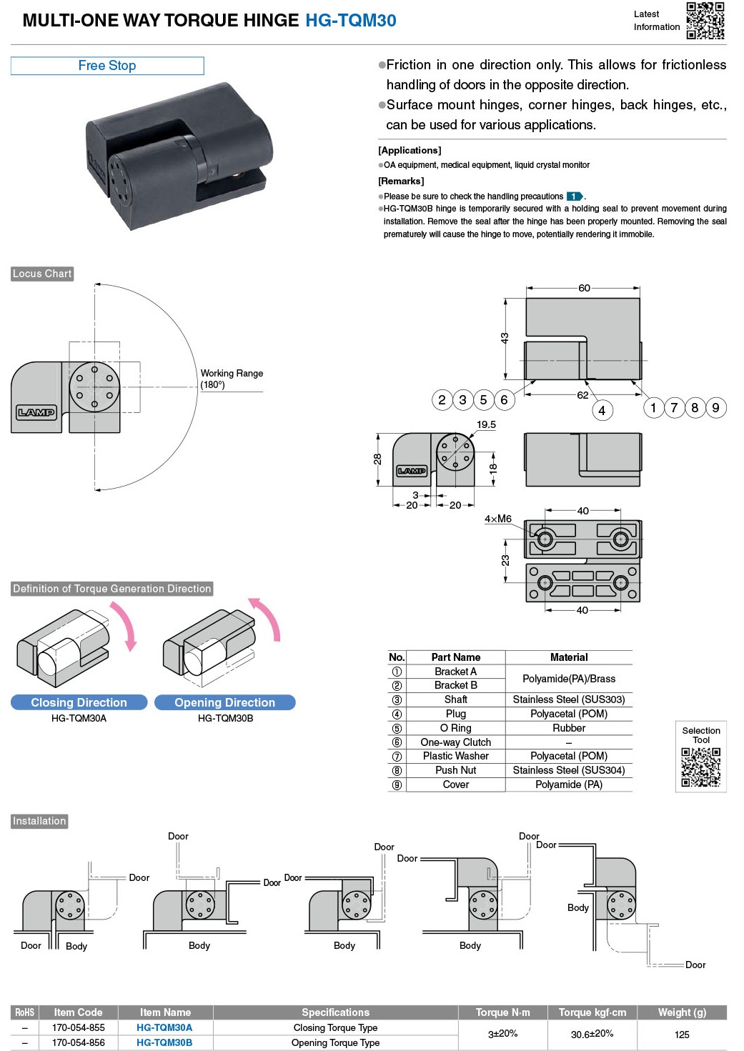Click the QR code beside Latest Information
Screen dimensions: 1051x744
tap(705, 20)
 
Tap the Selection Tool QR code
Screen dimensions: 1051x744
tap(700, 767)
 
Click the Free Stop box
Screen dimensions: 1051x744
tap(107, 66)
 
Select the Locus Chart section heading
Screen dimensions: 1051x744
tap(42, 274)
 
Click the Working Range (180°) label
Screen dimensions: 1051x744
tap(232, 379)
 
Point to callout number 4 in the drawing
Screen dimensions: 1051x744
tap(602, 410)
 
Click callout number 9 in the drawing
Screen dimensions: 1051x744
tap(715, 407)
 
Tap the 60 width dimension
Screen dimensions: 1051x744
tap(584, 288)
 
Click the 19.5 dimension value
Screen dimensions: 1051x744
tap(486, 424)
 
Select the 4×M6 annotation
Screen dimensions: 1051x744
tap(498, 519)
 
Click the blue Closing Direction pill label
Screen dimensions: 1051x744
tap(79, 702)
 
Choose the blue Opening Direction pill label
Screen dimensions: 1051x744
tap(224, 702)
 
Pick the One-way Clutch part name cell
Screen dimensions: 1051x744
tap(455, 742)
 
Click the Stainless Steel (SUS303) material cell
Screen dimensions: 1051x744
tap(568, 699)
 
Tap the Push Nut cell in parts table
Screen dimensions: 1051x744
tap(455, 770)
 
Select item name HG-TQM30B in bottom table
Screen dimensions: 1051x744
tap(164, 1042)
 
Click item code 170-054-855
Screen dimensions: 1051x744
tap(78, 1027)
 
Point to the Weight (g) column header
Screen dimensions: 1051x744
tap(682, 1012)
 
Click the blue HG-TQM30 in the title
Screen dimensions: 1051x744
tap(350, 21)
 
